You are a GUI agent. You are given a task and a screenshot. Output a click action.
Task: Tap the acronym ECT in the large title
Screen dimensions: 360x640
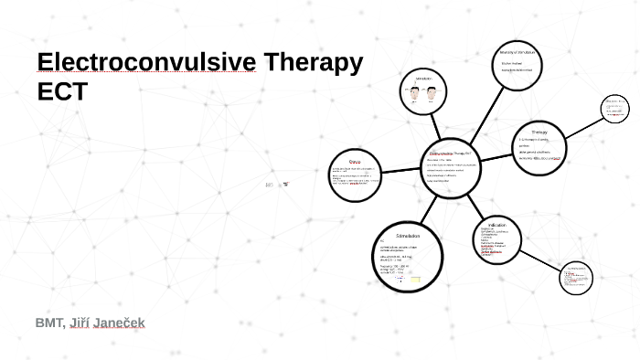pos(61,92)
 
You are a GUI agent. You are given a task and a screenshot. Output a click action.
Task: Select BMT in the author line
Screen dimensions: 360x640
pos(49,323)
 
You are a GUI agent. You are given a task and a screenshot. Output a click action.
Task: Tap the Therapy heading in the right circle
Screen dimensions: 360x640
pos(539,132)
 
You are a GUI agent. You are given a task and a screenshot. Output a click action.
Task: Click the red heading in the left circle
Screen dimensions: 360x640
pos(343,162)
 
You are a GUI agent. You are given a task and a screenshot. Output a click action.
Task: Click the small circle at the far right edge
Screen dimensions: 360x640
pos(614,109)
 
